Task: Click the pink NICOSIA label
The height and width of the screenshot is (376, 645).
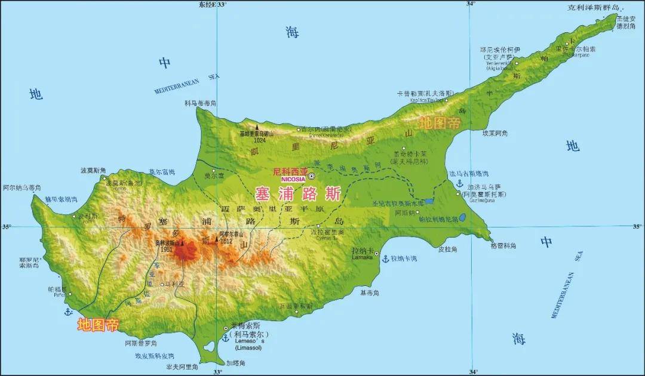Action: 290,178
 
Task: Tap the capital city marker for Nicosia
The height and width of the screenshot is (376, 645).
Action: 311,175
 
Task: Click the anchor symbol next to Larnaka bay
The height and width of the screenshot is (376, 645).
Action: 386,258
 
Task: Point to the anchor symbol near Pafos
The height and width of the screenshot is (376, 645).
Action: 68,312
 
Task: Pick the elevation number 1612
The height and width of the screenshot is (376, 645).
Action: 226,241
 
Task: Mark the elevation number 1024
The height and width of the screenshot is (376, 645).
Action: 259,140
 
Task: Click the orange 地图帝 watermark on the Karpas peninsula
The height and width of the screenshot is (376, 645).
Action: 440,123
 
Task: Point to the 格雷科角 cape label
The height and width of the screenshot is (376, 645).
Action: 503,246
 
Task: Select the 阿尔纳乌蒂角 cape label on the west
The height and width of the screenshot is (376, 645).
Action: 22,187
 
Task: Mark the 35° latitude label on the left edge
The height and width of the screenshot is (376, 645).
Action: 7,227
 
